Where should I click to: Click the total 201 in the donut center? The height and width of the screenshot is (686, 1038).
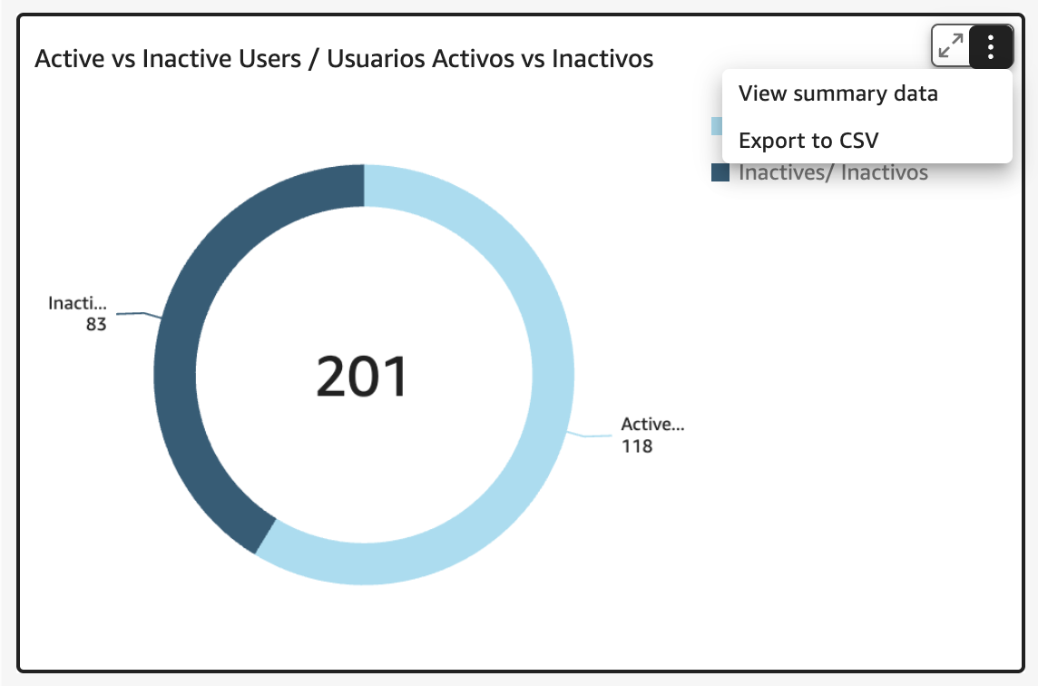[x=361, y=376]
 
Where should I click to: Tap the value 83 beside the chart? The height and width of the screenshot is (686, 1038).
[x=96, y=325]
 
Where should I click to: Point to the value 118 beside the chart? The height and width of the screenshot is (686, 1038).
[x=637, y=446]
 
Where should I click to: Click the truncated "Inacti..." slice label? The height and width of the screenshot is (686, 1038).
[x=77, y=303]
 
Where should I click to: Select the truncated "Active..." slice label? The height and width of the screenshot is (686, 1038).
[x=652, y=425]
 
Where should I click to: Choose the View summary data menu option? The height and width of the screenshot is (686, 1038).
[x=838, y=93]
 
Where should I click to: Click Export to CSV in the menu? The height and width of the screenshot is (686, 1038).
[x=808, y=141]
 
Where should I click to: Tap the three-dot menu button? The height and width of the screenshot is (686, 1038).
[x=990, y=47]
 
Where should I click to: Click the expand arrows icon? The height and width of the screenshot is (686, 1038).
[x=951, y=46]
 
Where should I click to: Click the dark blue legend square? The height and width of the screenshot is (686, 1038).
[x=720, y=172]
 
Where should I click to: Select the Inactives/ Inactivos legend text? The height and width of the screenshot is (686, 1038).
[x=834, y=172]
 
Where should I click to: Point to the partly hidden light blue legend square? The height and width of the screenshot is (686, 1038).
[x=717, y=126]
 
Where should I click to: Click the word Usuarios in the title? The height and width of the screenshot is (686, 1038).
[x=376, y=59]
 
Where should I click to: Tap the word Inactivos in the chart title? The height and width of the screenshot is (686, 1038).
[x=602, y=59]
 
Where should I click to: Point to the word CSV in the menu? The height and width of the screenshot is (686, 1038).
[x=858, y=141]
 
